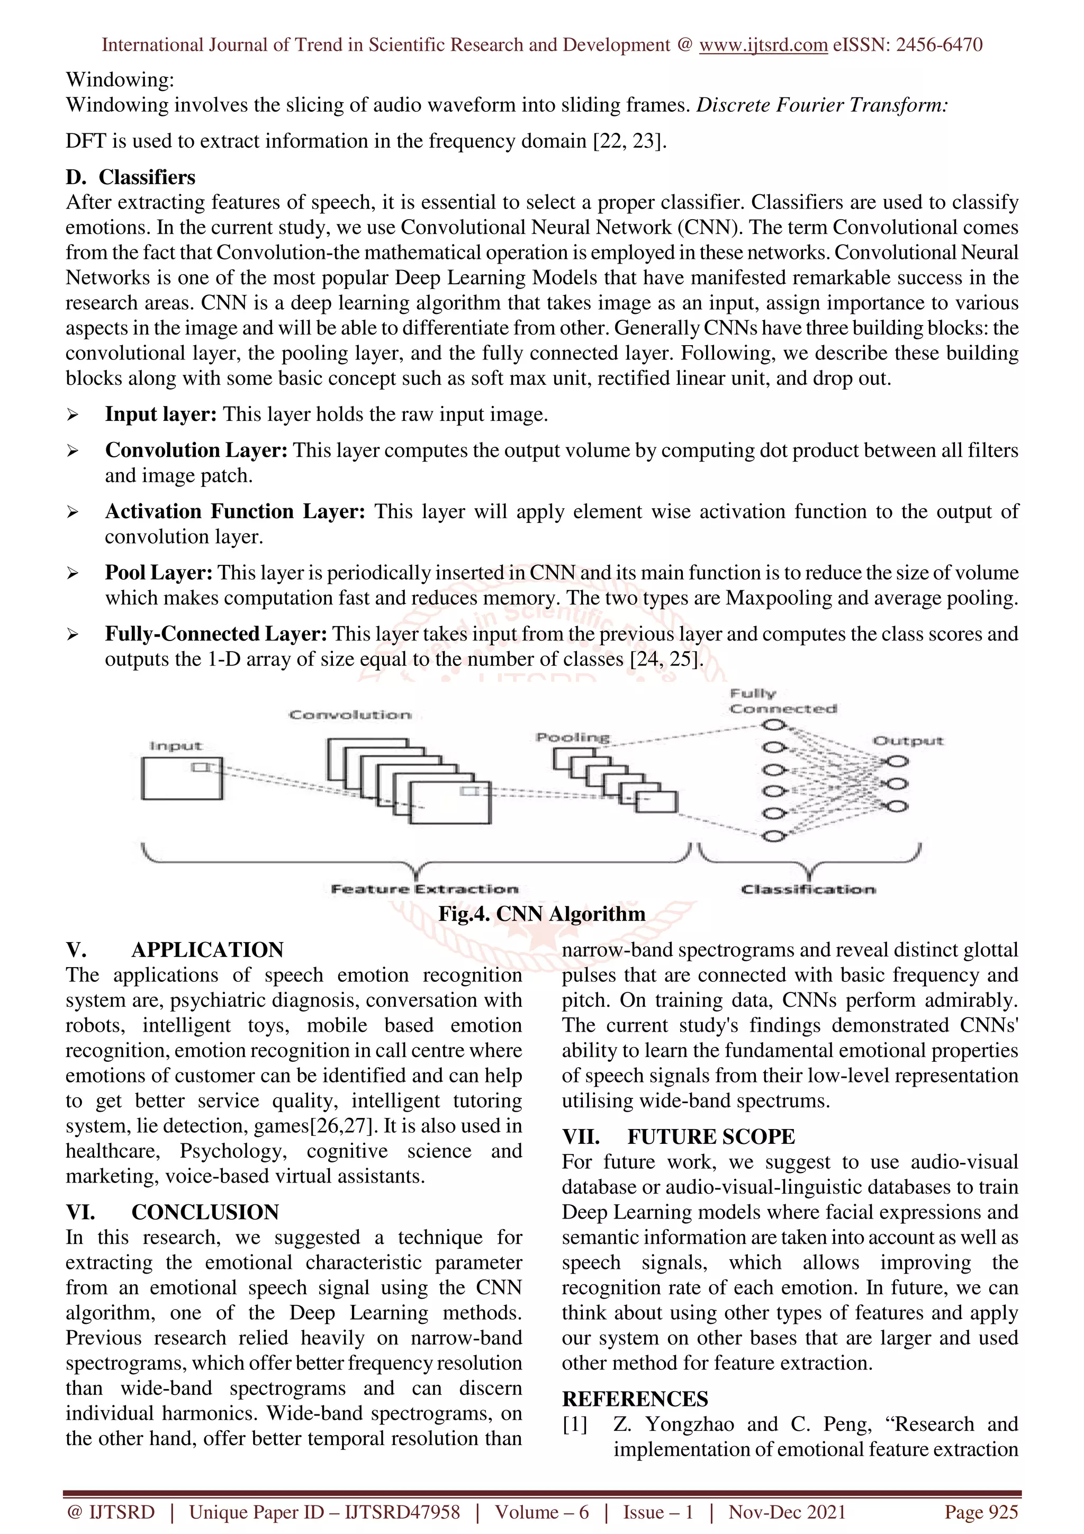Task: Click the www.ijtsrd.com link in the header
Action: click(763, 45)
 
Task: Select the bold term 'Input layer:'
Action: click(160, 414)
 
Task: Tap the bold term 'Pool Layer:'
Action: click(158, 573)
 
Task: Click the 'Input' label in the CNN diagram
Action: click(175, 746)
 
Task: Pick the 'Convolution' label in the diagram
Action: click(350, 715)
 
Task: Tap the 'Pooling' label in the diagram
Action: click(572, 737)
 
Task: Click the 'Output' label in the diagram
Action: click(908, 741)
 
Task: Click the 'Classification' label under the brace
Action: click(808, 889)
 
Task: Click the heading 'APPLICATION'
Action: click(207, 950)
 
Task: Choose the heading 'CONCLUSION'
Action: click(204, 1212)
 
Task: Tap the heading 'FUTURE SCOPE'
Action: click(711, 1136)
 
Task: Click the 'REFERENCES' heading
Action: click(635, 1399)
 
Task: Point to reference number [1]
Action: click(574, 1424)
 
